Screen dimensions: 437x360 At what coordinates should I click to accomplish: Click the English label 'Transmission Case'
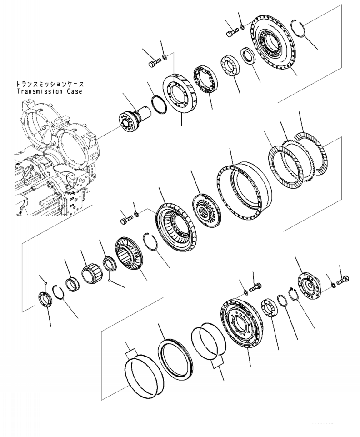pos(52,91)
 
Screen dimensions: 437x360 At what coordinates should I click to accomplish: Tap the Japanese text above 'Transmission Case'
pos(52,84)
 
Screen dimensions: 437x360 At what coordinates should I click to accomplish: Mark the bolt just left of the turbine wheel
pos(126,221)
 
